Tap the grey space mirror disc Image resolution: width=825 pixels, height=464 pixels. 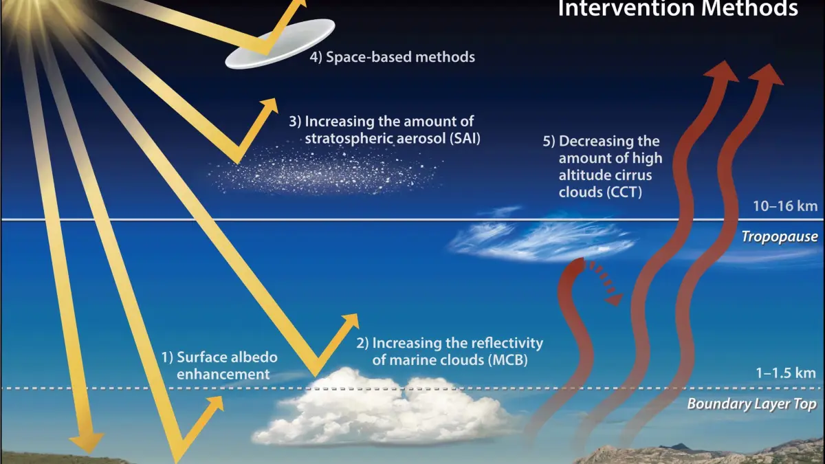(x=280, y=44)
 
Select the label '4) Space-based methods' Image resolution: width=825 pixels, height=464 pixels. (x=393, y=57)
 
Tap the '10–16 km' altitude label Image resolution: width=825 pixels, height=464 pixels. (x=785, y=206)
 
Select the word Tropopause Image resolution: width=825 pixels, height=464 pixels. (x=780, y=236)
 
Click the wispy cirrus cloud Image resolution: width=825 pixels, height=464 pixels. (x=542, y=238)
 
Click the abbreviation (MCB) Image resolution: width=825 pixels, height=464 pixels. (x=508, y=360)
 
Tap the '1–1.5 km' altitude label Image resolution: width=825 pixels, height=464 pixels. (x=786, y=373)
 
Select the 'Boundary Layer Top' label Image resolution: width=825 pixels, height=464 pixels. (x=751, y=404)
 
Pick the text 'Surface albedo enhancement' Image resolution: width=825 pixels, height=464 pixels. (x=219, y=366)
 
